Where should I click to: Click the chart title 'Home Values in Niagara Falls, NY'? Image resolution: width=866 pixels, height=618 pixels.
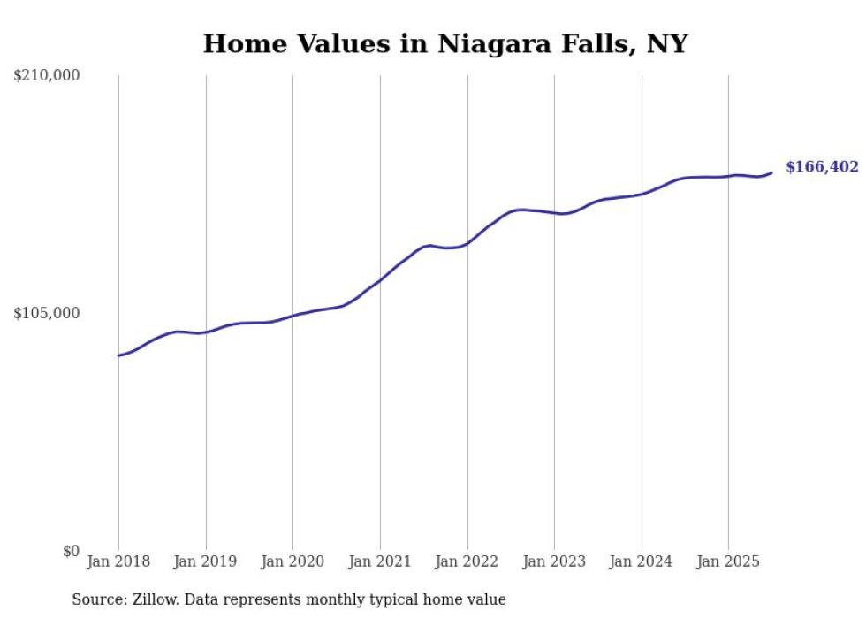click(x=444, y=43)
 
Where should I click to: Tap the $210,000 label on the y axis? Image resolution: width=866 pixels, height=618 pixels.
click(x=47, y=76)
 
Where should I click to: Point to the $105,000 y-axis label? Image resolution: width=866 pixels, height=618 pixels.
click(x=47, y=313)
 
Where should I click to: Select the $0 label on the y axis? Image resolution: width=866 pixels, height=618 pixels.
click(x=71, y=551)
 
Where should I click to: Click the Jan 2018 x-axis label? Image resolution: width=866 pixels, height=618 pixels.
click(x=118, y=561)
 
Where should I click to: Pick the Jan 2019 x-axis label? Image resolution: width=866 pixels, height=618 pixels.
click(x=206, y=561)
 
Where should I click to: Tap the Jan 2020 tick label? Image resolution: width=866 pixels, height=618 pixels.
click(x=292, y=561)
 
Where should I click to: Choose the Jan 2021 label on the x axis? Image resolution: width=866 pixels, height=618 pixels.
click(x=380, y=561)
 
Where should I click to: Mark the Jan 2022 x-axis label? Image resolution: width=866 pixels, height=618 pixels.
click(x=467, y=561)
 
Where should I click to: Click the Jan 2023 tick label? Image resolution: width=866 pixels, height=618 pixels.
click(x=554, y=561)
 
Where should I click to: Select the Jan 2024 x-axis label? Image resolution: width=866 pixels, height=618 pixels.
click(x=642, y=561)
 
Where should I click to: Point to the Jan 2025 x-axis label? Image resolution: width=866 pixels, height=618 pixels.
click(x=728, y=561)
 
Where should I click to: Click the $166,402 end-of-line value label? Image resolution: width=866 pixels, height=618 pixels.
click(x=822, y=167)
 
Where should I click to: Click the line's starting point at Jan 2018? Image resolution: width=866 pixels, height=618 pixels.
click(x=118, y=355)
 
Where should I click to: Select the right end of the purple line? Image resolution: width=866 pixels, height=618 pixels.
click(x=771, y=172)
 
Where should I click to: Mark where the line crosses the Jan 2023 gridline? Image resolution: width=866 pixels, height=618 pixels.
click(x=554, y=213)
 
